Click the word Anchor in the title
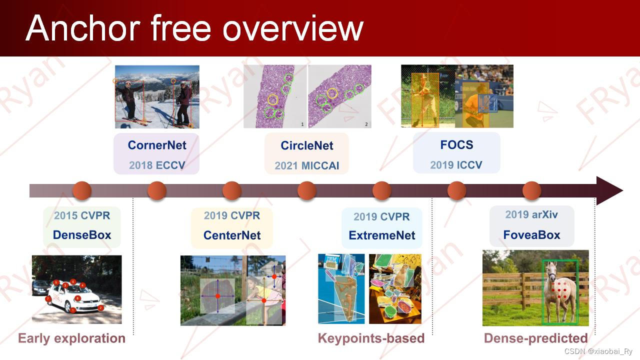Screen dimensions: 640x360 tap(83, 28)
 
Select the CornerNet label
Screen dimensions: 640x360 tap(157, 145)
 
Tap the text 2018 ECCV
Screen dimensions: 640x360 tap(157, 165)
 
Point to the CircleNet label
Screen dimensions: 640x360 tap(307, 145)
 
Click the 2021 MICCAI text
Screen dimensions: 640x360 tap(307, 165)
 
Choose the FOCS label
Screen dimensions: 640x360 tap(456, 144)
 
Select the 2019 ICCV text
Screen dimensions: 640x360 tap(456, 165)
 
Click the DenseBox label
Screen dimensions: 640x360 tap(82, 235)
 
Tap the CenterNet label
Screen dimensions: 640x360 tap(232, 235)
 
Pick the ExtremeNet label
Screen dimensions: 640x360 tap(382, 235)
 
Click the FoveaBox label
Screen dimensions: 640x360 tap(531, 235)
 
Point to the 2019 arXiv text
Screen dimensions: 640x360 tap(531, 214)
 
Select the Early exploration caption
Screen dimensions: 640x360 tap(71, 338)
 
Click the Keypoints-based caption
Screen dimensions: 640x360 tap(371, 338)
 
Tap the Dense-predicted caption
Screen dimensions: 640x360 tap(535, 338)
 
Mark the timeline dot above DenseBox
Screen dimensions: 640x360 tap(82, 190)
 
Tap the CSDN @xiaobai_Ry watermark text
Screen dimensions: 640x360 tap(598, 351)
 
